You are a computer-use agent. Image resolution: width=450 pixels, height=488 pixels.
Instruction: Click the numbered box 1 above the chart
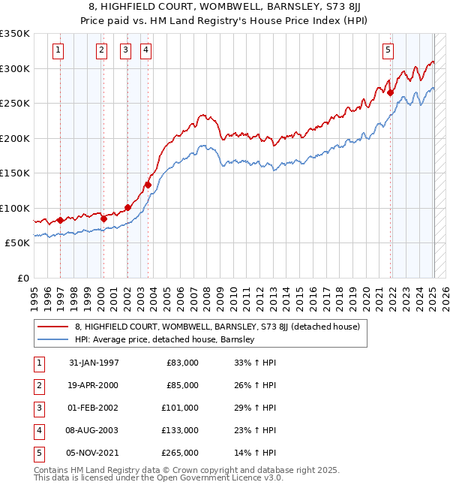tap(58, 50)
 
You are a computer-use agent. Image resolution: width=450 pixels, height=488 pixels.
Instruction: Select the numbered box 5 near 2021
tap(388, 50)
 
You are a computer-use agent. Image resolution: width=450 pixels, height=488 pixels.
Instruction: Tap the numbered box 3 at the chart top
tap(124, 50)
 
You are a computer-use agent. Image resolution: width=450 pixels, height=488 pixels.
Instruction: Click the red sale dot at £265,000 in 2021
tap(391, 93)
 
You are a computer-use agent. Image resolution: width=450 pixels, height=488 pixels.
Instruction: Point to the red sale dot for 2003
tap(148, 185)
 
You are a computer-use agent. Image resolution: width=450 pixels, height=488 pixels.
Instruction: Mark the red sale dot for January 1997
tap(60, 220)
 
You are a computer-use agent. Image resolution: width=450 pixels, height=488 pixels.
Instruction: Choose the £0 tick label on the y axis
tap(22, 278)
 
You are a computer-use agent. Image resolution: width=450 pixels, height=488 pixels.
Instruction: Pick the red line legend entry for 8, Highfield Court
tap(217, 327)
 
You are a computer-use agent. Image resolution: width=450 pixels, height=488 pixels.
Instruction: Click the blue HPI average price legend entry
tap(164, 339)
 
